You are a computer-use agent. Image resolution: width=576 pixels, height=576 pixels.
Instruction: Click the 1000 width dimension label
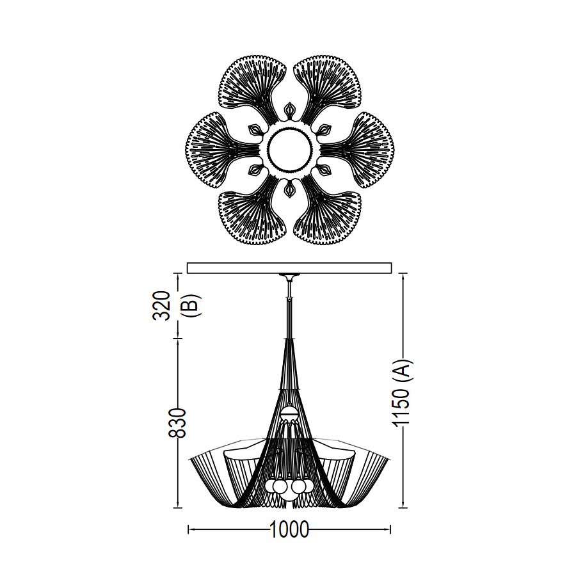point(289,529)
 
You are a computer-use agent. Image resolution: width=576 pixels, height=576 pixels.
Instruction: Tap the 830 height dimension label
point(177,423)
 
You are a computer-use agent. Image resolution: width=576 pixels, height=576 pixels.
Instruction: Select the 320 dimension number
point(162,306)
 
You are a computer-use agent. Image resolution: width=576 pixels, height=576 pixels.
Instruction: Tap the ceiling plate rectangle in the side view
point(289,268)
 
